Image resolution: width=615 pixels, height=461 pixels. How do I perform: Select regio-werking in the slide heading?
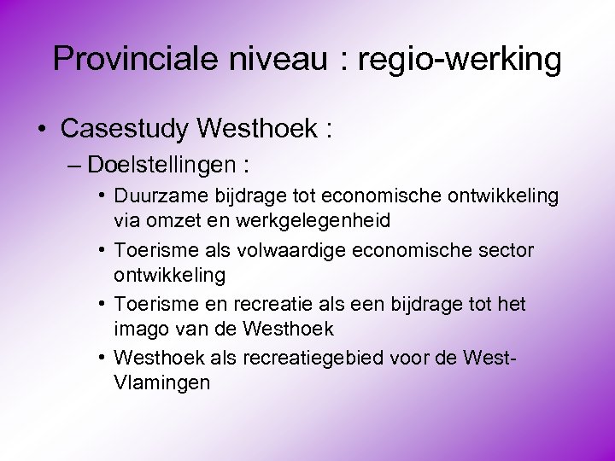(460, 60)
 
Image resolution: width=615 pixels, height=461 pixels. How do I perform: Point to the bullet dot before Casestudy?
(42, 130)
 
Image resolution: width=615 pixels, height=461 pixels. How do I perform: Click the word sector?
(504, 251)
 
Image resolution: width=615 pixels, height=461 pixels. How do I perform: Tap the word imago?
(141, 328)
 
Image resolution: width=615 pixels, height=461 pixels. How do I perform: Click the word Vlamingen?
(161, 382)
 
